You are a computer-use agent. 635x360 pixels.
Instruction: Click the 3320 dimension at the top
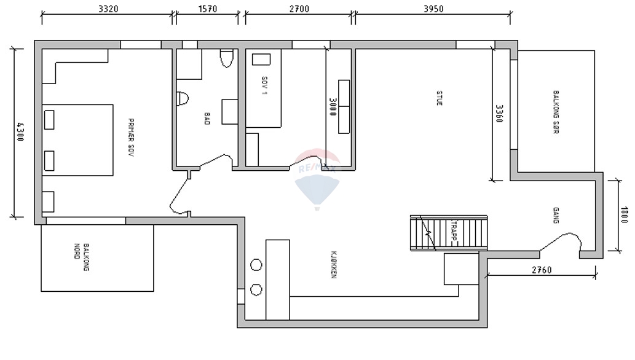pyautogui.click(x=108, y=9)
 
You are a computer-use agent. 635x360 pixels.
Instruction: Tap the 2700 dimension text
pyautogui.click(x=299, y=9)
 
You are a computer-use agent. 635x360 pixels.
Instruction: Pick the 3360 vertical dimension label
pyautogui.click(x=499, y=114)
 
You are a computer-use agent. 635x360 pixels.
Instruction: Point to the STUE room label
pyautogui.click(x=439, y=99)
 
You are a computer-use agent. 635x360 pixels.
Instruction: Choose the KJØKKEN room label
pyautogui.click(x=333, y=265)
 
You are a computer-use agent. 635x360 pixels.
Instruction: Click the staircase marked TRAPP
pyautogui.click(x=449, y=233)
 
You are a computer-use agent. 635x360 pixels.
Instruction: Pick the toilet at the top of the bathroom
pyautogui.click(x=226, y=58)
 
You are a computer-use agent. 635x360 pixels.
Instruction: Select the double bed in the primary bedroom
pyautogui.click(x=77, y=140)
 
